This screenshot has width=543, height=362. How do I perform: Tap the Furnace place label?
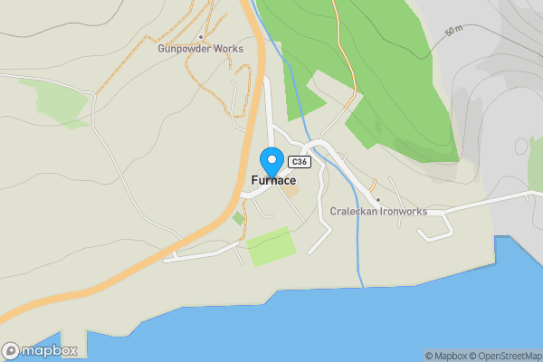[273, 181]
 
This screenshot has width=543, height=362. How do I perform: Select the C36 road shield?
[301, 162]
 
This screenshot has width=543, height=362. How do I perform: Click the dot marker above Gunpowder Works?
[200, 37]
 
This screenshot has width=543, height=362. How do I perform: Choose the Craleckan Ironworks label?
[377, 211]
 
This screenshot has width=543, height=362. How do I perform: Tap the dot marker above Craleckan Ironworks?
[377, 200]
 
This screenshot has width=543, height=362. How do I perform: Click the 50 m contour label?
[454, 31]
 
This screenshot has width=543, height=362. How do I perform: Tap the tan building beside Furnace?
[288, 189]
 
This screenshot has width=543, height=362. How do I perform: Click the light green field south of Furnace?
[271, 246]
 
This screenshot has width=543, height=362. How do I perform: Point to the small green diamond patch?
[238, 218]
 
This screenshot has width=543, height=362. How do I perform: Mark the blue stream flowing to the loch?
[358, 244]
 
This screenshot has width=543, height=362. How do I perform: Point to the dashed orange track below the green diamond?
[242, 237]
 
